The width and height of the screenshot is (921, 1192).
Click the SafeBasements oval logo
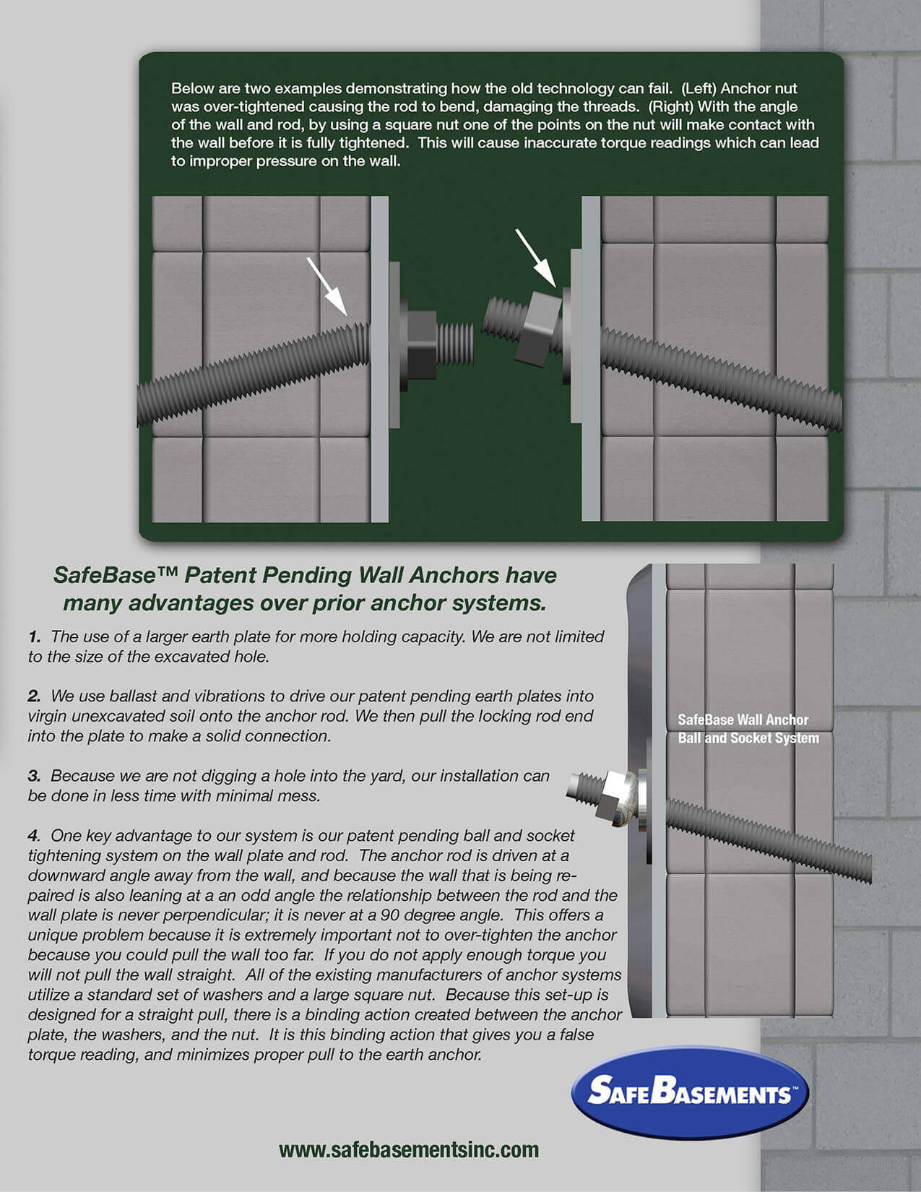690,1092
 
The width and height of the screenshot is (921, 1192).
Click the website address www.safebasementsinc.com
409,1149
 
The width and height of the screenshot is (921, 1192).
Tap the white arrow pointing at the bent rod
329,287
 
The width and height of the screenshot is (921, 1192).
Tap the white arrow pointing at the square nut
535,257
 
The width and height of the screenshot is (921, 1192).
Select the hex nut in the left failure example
420,345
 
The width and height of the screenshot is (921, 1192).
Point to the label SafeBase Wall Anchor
743,720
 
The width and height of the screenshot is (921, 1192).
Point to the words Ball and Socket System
748,738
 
